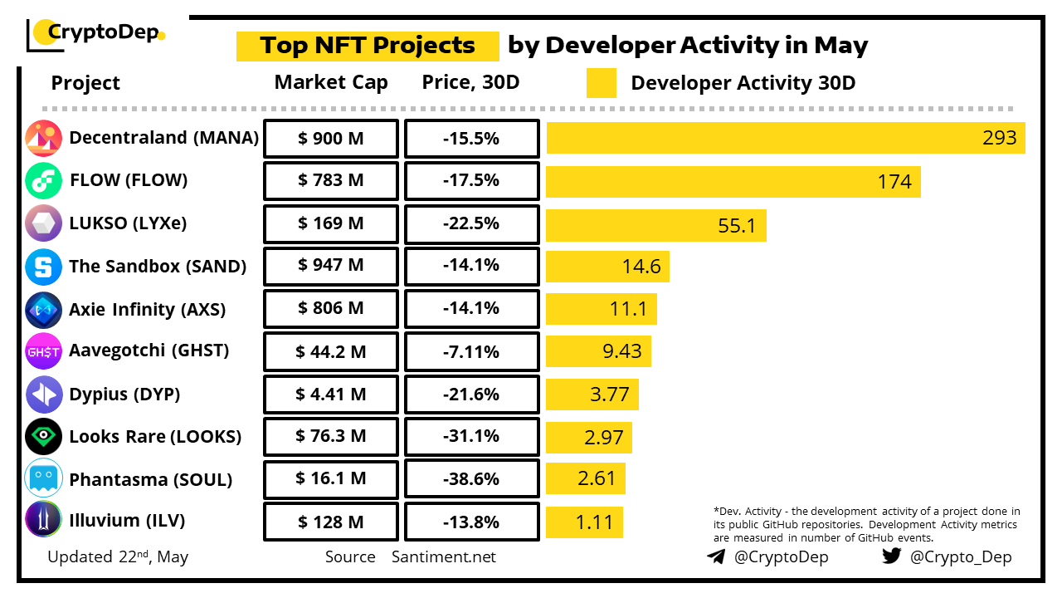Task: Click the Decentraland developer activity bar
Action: (x=786, y=138)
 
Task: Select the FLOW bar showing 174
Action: (x=733, y=181)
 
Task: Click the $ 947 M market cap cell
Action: (x=331, y=267)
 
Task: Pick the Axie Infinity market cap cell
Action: (x=331, y=309)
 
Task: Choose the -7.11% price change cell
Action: (x=471, y=352)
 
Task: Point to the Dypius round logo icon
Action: (x=44, y=395)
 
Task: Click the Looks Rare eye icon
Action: (x=44, y=437)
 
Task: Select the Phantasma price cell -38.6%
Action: (x=471, y=480)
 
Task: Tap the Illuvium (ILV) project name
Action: (x=127, y=522)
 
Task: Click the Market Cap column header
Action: (x=331, y=83)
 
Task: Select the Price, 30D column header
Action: (x=471, y=83)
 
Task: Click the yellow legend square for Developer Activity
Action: (x=601, y=83)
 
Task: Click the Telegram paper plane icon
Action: (x=716, y=556)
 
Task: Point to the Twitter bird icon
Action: (x=891, y=556)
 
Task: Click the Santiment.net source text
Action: (x=444, y=557)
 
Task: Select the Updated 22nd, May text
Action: (x=118, y=557)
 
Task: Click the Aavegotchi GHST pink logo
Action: (x=44, y=351)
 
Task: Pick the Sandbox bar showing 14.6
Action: (x=608, y=267)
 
